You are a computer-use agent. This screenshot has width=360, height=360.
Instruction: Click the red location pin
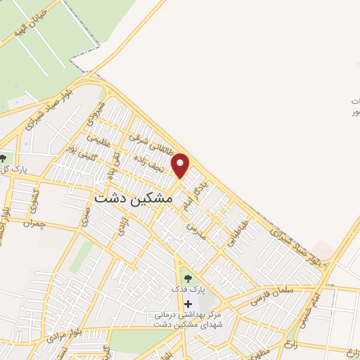(181, 165)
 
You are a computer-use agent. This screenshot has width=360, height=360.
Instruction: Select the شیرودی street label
(96, 115)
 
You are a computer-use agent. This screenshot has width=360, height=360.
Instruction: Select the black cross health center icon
(187, 303)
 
